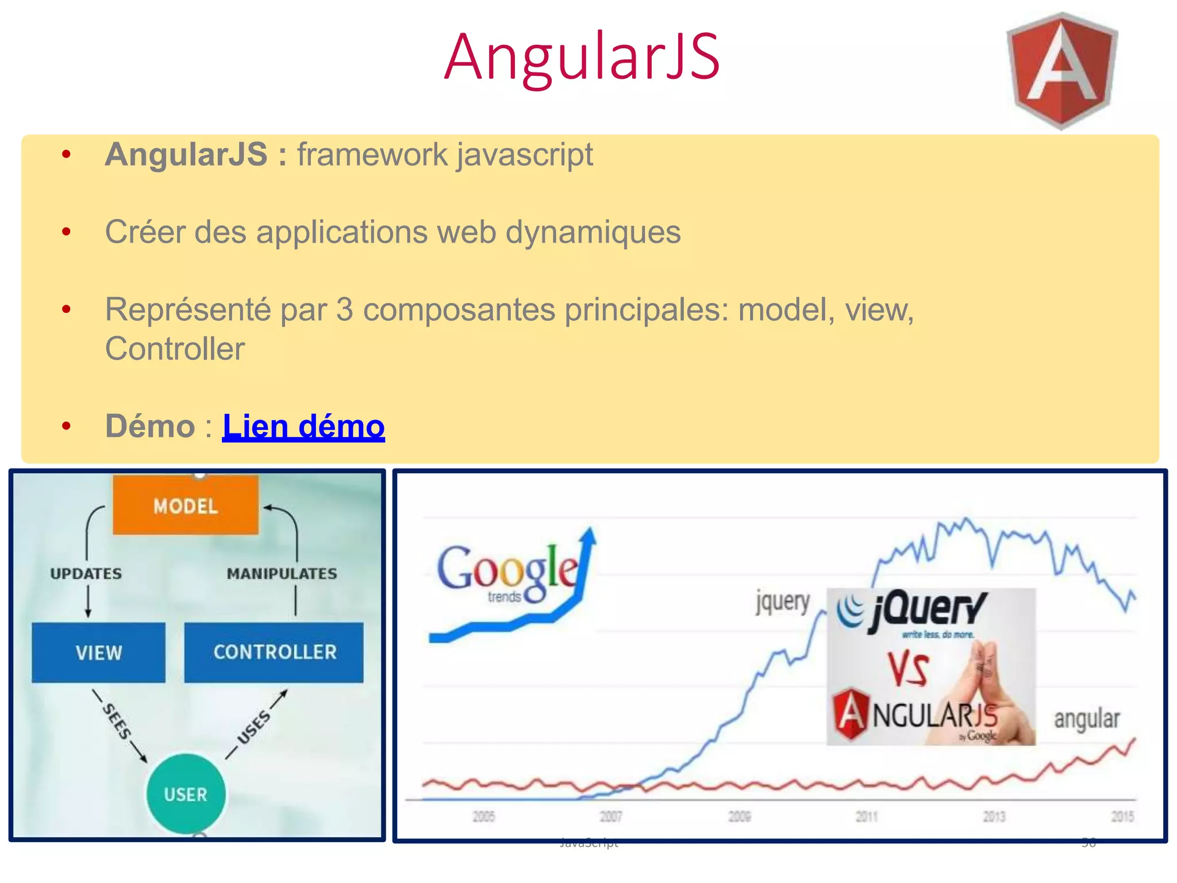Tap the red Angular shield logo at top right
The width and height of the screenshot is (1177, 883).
click(x=1061, y=70)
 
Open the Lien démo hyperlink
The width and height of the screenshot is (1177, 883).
click(x=303, y=427)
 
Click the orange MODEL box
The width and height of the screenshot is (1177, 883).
click(x=186, y=505)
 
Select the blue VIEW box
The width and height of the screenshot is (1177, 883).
click(x=98, y=652)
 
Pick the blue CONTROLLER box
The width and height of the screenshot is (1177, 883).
click(x=274, y=652)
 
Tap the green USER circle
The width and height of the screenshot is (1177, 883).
click(x=186, y=794)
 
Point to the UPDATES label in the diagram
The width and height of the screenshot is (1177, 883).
click(x=86, y=573)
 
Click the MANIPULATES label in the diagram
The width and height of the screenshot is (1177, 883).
click(x=282, y=573)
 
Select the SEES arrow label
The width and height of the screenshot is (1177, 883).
click(x=117, y=721)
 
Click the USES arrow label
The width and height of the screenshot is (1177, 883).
click(x=254, y=727)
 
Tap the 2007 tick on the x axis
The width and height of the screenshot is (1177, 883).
click(x=611, y=816)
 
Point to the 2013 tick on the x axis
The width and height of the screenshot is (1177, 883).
click(x=994, y=816)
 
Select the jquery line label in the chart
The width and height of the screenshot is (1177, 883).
click(x=783, y=602)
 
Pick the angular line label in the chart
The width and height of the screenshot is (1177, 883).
click(x=1087, y=719)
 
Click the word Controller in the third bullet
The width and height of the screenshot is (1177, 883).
click(x=175, y=349)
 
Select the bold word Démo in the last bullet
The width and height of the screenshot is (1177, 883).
click(x=151, y=427)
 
